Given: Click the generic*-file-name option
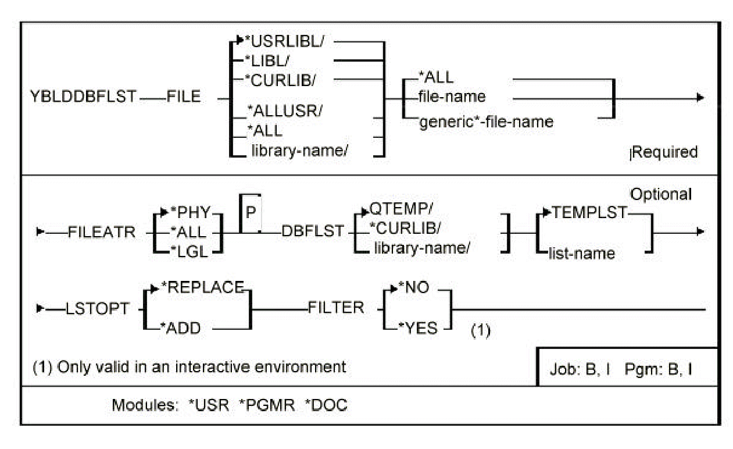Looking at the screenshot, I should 486,123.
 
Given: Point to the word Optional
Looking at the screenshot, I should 662,194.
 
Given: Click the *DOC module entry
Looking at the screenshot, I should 326,405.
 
